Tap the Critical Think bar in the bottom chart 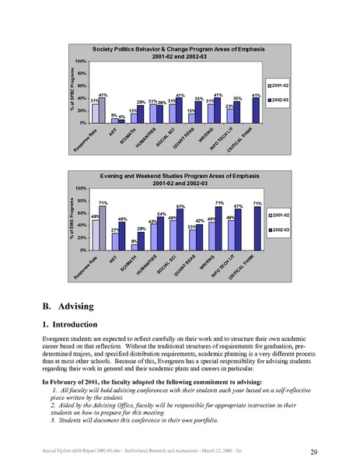256,229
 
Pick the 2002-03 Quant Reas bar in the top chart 199,113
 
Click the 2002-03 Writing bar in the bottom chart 218,229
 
